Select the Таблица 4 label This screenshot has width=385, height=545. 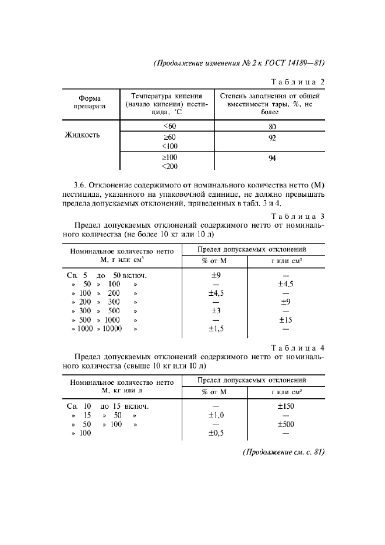click(297, 349)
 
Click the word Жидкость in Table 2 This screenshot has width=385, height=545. click(83, 136)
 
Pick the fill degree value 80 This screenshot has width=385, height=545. click(272, 126)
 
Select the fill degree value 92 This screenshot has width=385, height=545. click(272, 138)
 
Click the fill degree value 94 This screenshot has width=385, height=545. click(272, 158)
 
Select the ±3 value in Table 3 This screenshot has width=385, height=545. click(216, 310)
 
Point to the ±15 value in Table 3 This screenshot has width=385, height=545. click(285, 320)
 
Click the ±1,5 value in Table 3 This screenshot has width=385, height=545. click(216, 328)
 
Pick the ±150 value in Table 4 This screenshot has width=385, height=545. click(285, 406)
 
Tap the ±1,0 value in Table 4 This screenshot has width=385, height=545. click(216, 415)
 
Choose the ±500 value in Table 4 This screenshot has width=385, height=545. click(285, 424)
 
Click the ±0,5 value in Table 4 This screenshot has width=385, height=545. click(216, 433)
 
